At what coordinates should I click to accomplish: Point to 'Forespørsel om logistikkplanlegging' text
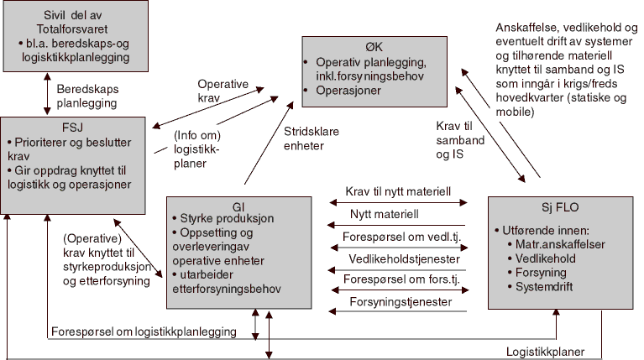click(x=143, y=331)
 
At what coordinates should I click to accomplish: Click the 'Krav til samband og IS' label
click(x=462, y=141)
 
